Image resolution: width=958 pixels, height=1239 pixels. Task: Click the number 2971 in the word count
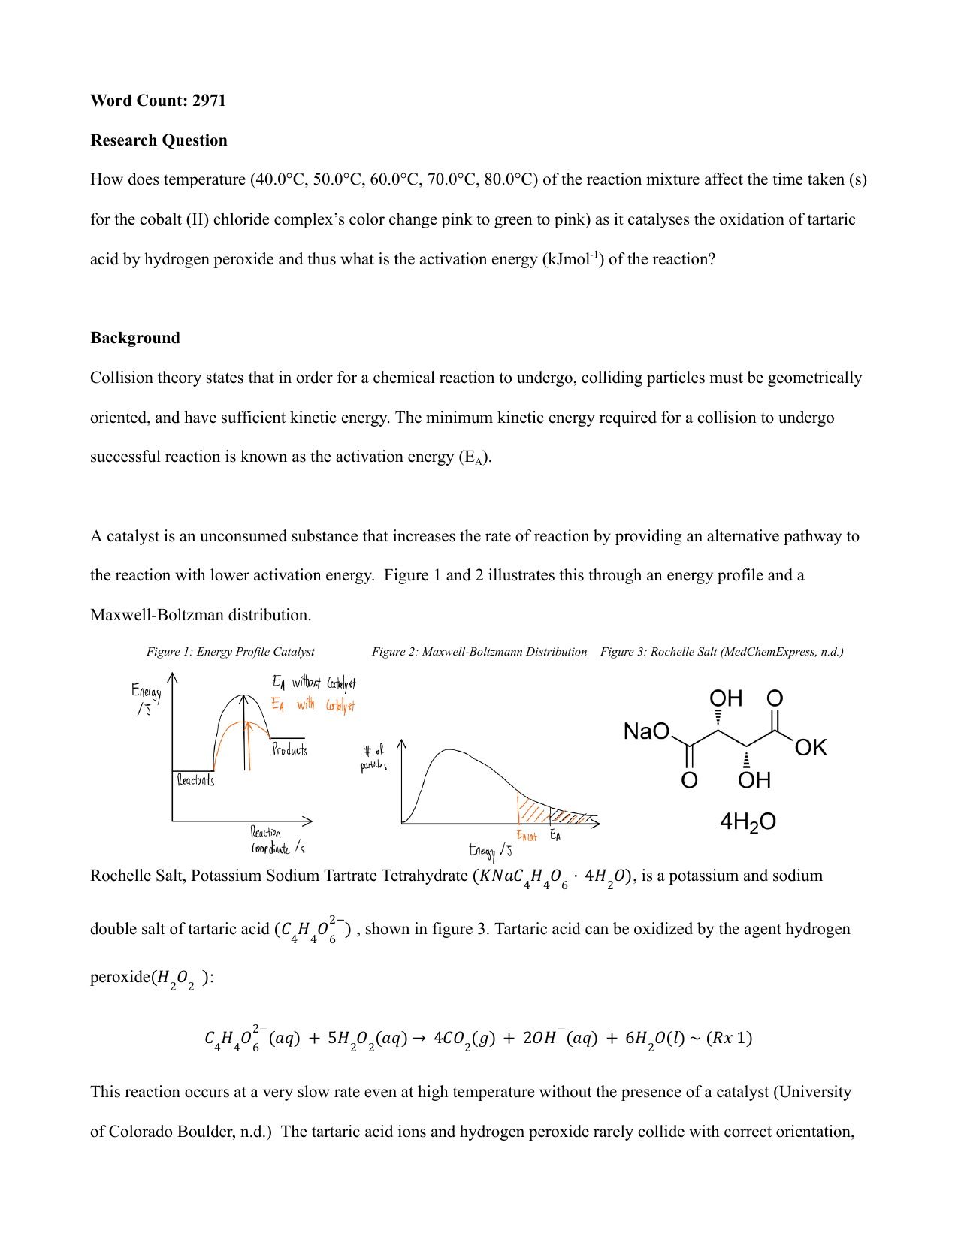tap(209, 101)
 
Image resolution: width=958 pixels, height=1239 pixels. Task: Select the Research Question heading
tap(159, 140)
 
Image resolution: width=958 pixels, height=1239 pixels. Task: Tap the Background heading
tap(135, 338)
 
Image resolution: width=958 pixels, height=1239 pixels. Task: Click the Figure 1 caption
tap(230, 652)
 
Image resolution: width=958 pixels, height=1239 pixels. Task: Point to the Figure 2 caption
tap(479, 652)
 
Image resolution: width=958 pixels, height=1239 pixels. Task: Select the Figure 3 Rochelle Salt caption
tap(721, 652)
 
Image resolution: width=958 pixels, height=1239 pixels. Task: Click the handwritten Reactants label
tap(195, 781)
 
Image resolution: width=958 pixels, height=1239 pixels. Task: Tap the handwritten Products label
tap(289, 749)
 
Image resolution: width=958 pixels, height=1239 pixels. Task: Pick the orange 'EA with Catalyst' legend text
tap(313, 705)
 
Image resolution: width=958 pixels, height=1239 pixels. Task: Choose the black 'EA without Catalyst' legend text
tap(313, 683)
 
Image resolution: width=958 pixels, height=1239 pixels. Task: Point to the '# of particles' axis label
tap(373, 758)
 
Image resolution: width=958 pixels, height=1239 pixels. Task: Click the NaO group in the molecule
tap(646, 731)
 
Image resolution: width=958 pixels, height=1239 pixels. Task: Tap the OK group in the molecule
tap(811, 748)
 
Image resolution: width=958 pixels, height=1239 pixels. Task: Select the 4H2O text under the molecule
tap(748, 821)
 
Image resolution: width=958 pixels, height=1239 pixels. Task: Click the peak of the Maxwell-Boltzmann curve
tap(449, 749)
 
